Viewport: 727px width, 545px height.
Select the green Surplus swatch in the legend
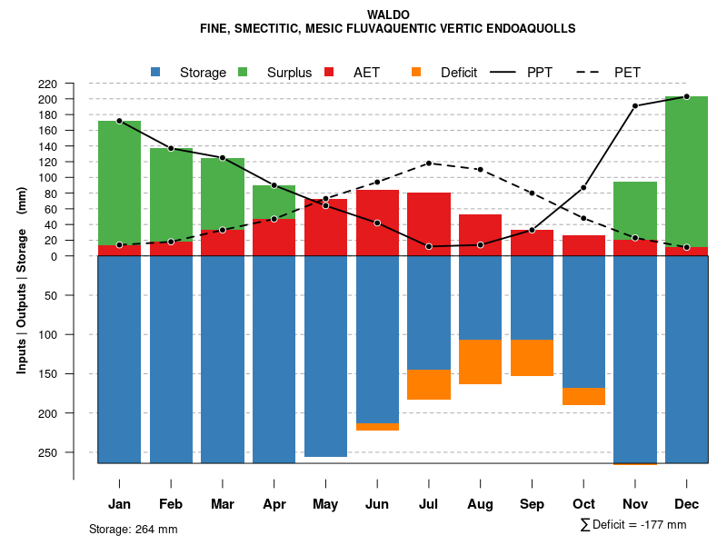coord(243,73)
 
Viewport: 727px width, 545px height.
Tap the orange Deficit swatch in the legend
coord(416,73)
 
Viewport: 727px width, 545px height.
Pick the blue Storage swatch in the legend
coord(156,73)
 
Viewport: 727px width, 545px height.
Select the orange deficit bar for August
coord(480,362)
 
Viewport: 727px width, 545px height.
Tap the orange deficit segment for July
coord(429,384)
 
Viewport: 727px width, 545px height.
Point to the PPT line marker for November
coord(635,106)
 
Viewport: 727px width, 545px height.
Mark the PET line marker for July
coord(429,163)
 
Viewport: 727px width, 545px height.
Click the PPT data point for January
coord(119,121)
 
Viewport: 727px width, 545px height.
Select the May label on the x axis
coord(325,504)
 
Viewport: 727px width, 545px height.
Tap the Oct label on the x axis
coord(583,504)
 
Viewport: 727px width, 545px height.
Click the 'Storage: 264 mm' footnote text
coord(134,529)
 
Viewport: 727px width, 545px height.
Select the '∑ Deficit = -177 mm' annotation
coord(633,524)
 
